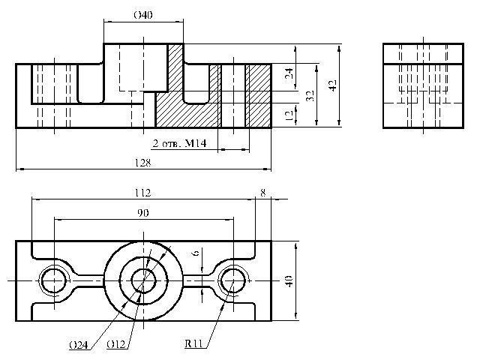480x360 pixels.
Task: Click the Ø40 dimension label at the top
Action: tap(142, 15)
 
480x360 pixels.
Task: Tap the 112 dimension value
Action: tap(142, 192)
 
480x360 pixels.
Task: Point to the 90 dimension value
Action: tap(142, 213)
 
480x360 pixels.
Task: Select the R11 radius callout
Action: tap(195, 344)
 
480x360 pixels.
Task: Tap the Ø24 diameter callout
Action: tap(77, 345)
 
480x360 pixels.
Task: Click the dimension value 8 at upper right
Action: tap(262, 192)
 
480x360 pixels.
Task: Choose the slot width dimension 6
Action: tap(196, 254)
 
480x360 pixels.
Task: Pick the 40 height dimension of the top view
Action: tap(289, 280)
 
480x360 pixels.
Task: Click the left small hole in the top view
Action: tap(53, 280)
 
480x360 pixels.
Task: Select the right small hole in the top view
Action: tap(232, 280)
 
